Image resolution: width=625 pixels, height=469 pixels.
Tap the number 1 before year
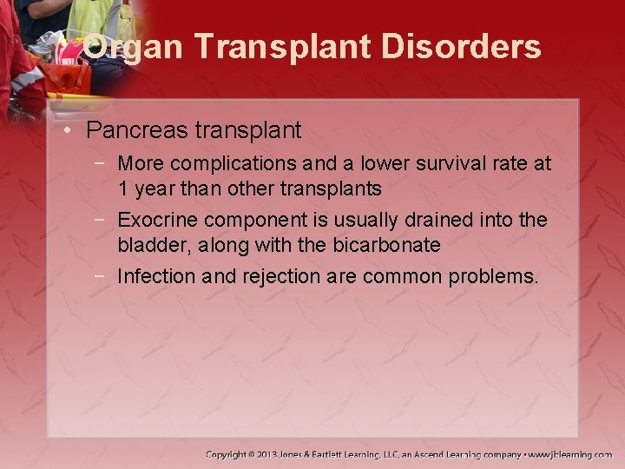(123, 188)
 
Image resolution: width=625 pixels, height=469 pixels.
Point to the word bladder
(154, 245)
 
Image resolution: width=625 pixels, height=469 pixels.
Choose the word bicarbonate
(386, 245)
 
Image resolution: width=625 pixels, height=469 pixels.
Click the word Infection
(155, 277)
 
